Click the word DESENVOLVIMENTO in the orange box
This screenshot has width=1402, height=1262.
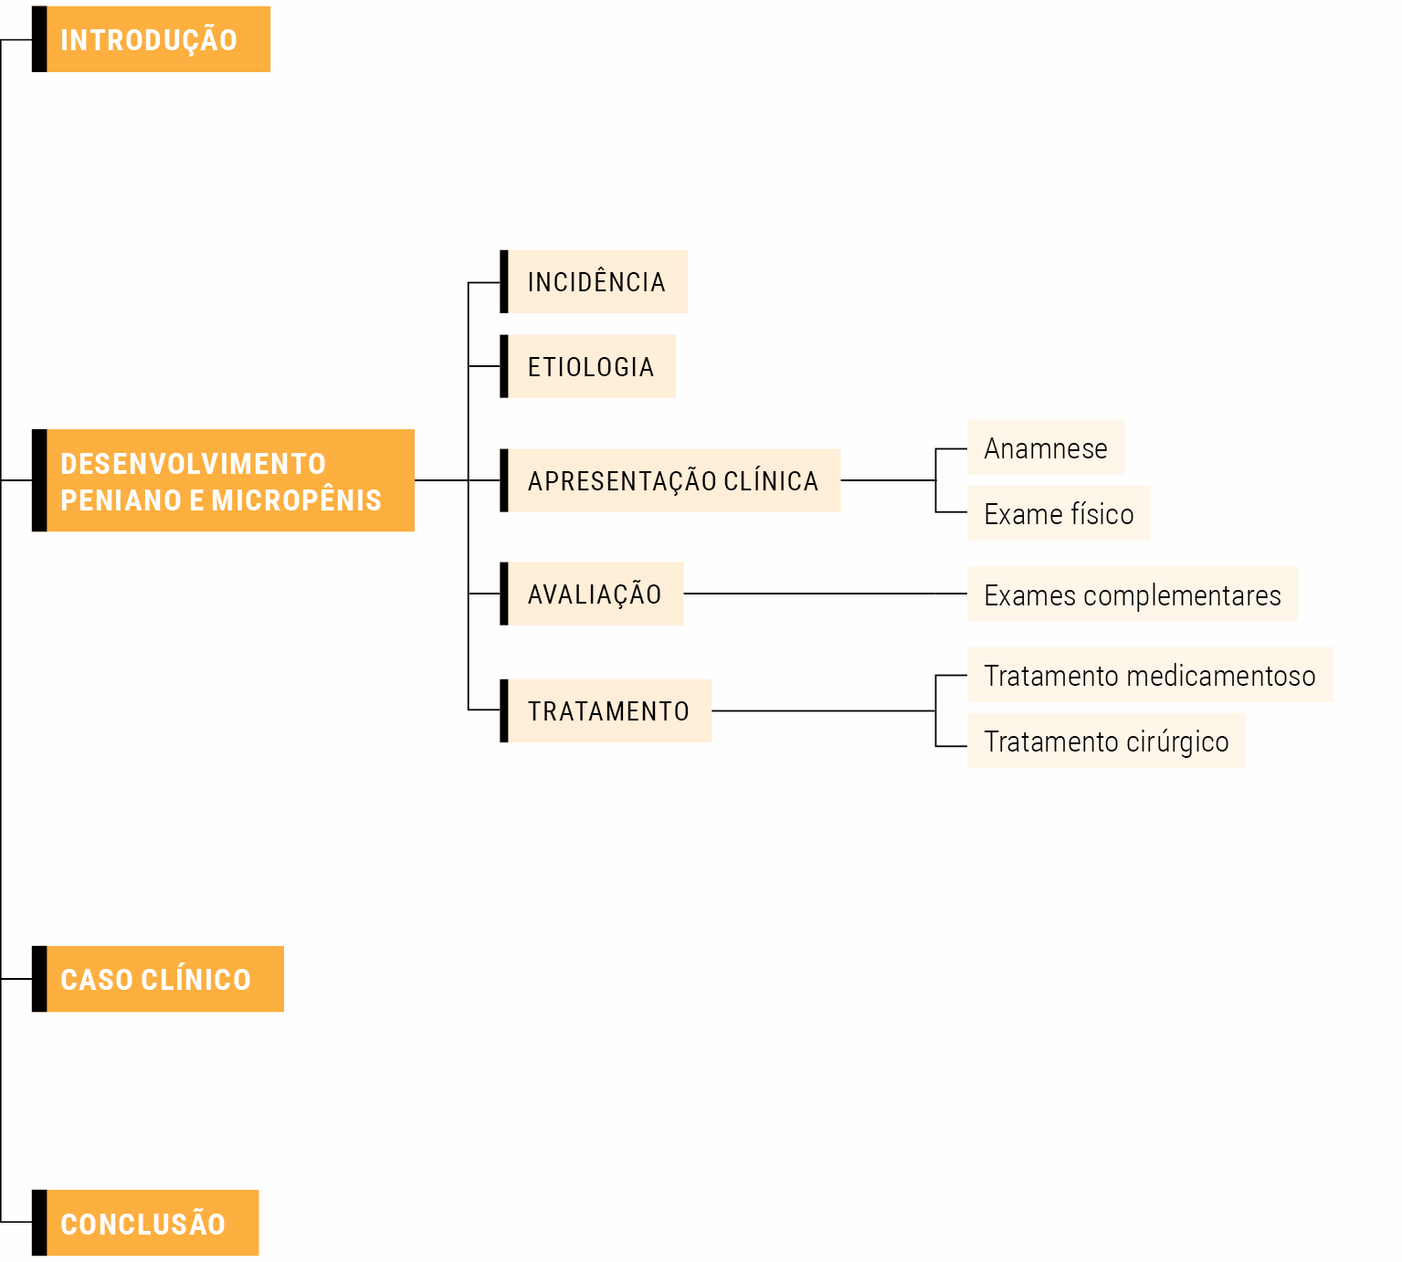[x=193, y=464]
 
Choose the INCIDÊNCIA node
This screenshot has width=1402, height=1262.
[x=596, y=282]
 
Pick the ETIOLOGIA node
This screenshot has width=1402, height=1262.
[x=591, y=367]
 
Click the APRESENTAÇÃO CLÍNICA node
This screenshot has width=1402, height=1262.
[x=673, y=480]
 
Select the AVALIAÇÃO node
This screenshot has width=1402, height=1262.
[x=595, y=594]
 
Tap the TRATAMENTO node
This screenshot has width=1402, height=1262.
[x=608, y=710]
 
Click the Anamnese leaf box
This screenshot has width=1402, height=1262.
[x=1045, y=448]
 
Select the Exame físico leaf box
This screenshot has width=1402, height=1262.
[x=1058, y=514]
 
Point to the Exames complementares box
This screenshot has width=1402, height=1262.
[x=1132, y=594]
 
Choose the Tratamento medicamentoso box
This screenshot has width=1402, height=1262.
[x=1149, y=676]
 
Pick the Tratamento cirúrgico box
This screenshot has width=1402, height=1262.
[x=1105, y=741]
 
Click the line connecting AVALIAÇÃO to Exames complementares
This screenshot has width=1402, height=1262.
[x=822, y=594]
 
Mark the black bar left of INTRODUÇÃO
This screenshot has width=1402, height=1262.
[x=39, y=39]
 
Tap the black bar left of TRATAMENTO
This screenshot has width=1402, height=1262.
[x=504, y=710]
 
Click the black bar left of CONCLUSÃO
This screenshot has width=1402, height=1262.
[x=39, y=1223]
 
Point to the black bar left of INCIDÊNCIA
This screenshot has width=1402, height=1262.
[x=504, y=282]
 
